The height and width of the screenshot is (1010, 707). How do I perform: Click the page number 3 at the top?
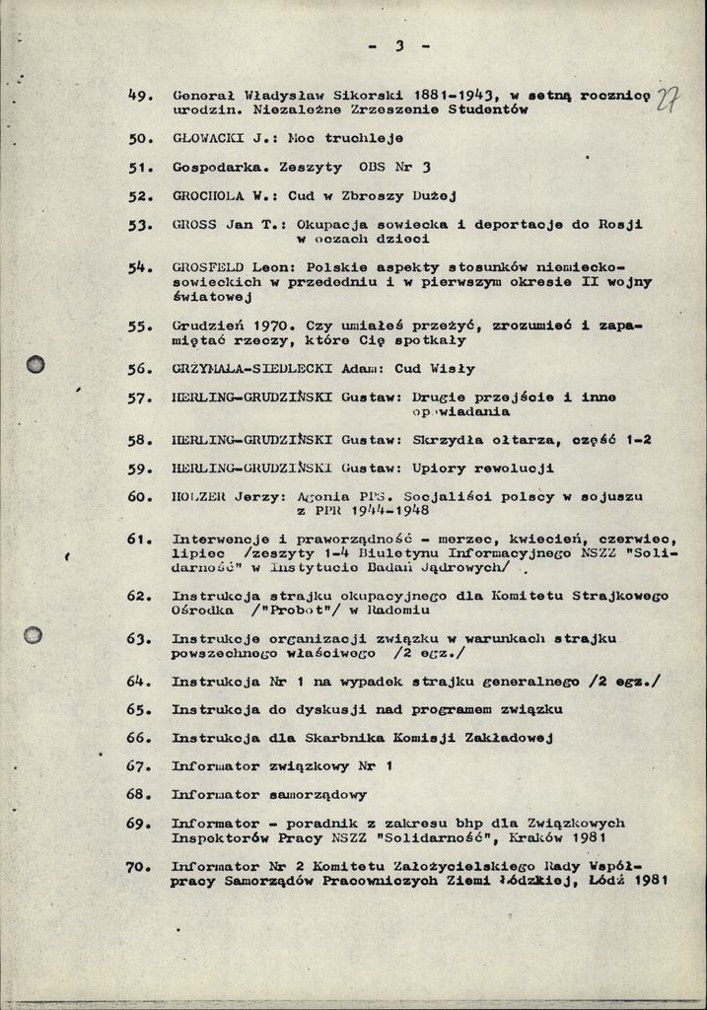coord(399,45)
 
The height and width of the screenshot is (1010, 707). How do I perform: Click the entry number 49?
coord(139,96)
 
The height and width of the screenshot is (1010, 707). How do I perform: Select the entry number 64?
coord(139,682)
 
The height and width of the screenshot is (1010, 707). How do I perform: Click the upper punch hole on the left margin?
coord(35,364)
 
